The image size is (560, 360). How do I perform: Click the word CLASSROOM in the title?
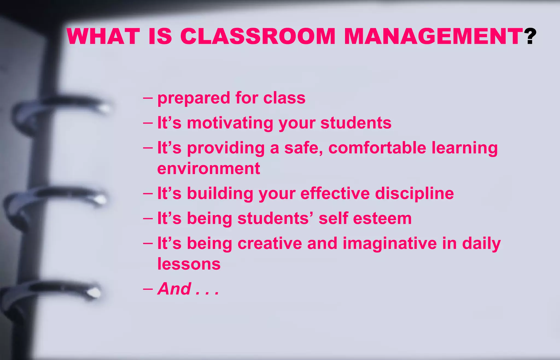coord(257,36)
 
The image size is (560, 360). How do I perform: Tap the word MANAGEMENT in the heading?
coord(433,36)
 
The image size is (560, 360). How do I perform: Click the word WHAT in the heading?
coord(103,36)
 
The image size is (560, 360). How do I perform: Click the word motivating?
coord(230,123)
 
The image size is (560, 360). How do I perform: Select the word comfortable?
coord(377,148)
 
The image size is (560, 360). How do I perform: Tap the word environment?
coord(208,168)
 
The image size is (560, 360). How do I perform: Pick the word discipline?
coord(414,194)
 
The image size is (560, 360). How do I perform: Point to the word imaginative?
coord(390,244)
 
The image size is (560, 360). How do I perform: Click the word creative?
coord(270,243)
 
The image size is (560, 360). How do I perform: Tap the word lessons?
coord(189,264)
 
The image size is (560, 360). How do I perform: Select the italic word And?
coord(174,289)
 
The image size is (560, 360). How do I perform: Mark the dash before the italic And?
coord(148,289)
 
